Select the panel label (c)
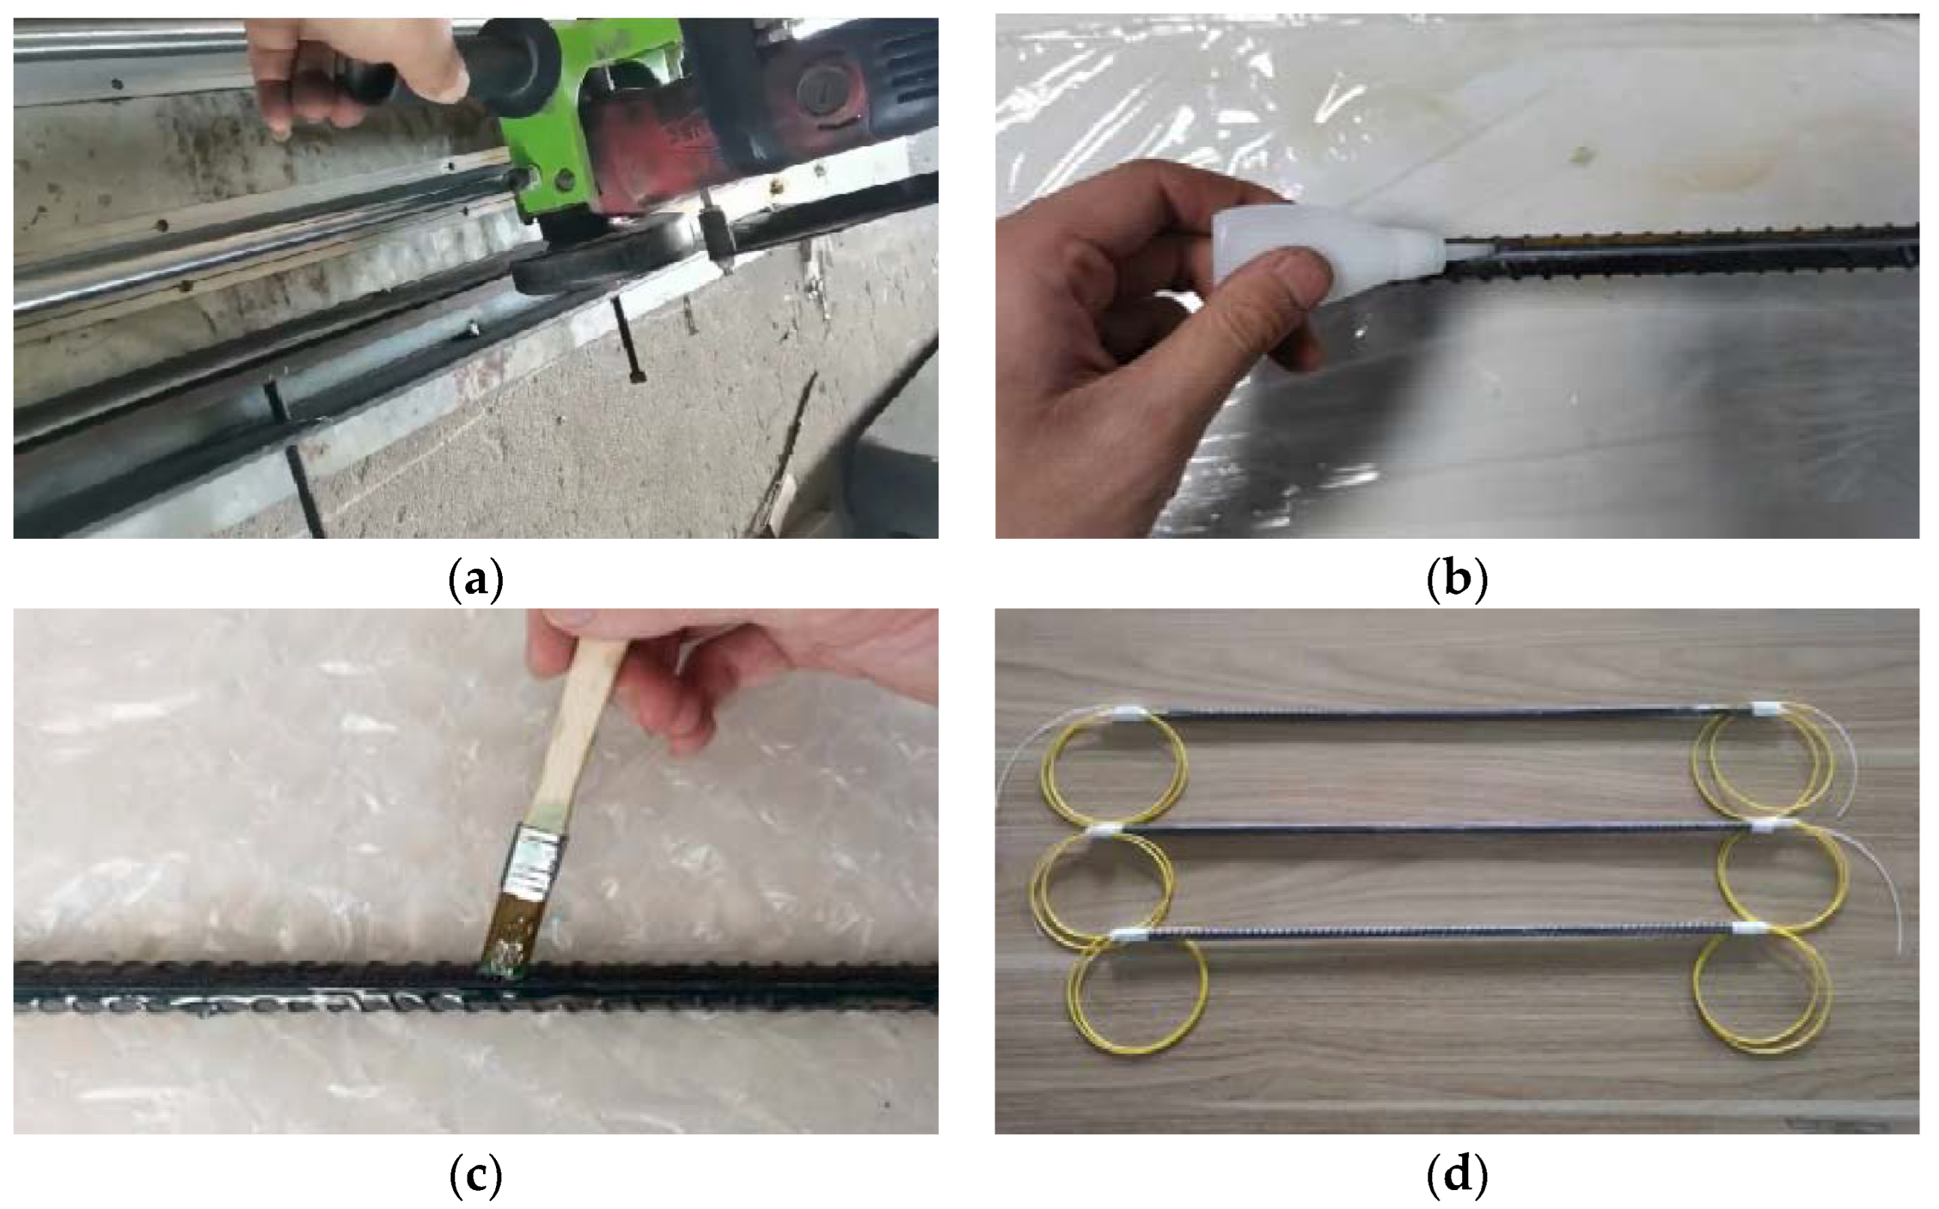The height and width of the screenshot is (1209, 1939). click(x=476, y=1174)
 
